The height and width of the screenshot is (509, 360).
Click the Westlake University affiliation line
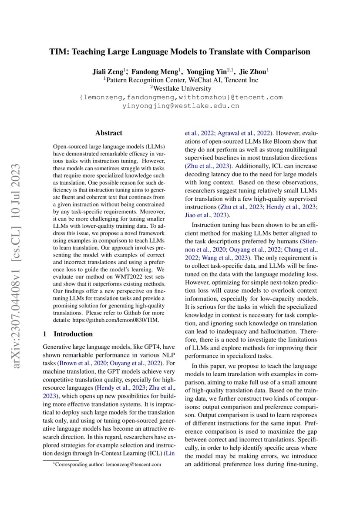[181, 88]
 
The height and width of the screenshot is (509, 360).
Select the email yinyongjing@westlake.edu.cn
[181, 106]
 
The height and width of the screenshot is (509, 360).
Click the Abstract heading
[109, 133]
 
